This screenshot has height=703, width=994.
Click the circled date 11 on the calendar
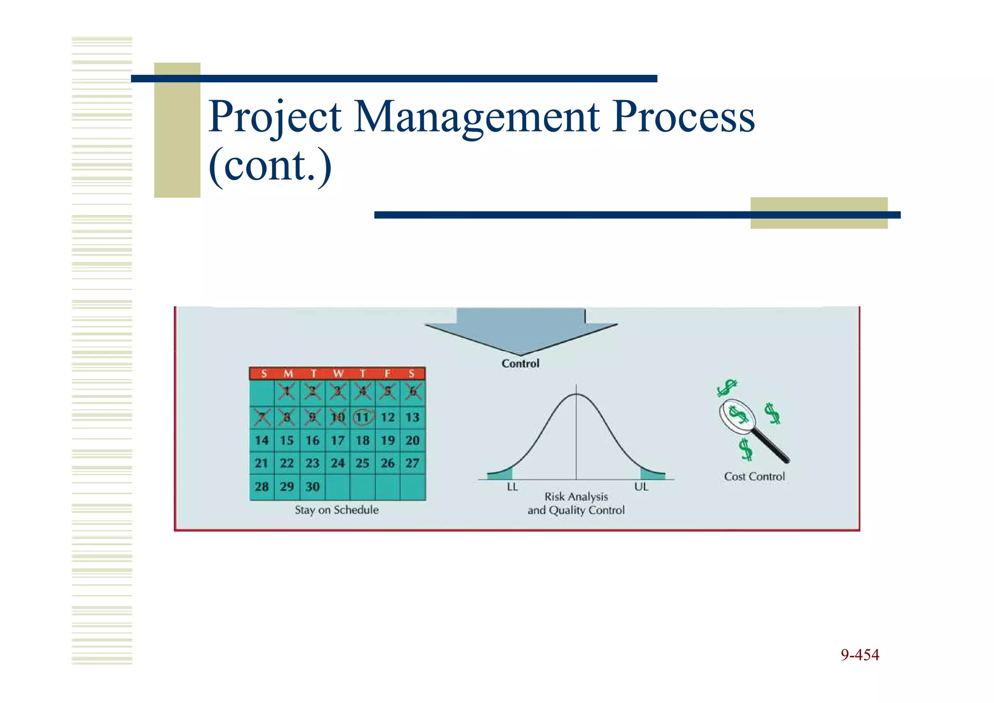point(363,417)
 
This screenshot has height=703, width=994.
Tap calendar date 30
point(312,487)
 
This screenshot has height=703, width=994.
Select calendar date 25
point(363,463)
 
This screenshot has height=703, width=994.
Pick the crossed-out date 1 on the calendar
point(287,391)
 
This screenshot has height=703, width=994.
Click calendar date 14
point(262,441)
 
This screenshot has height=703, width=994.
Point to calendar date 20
point(413,441)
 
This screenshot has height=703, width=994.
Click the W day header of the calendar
point(338,374)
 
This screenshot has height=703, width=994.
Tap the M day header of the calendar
point(288,374)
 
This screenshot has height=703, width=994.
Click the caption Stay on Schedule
point(336,510)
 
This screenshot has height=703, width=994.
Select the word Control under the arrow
point(520,364)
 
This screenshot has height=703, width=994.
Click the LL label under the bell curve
point(512,487)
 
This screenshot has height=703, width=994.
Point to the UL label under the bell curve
point(641,487)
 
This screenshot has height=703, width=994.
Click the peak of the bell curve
point(576,394)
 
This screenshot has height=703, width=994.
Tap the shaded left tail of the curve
point(503,475)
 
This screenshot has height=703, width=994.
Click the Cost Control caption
point(754,477)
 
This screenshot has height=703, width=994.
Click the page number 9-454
point(860,655)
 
